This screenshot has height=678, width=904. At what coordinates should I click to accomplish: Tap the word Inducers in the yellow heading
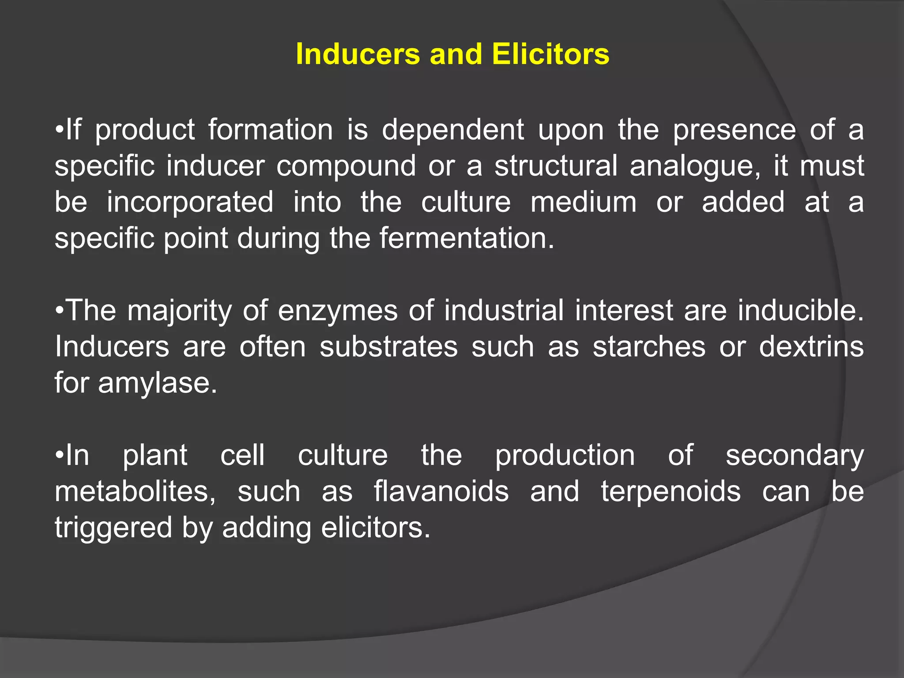358,54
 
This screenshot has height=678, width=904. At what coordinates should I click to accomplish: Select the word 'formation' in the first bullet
271,130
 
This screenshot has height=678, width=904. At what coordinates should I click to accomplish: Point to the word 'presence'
734,130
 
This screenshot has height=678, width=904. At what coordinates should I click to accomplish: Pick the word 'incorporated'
190,202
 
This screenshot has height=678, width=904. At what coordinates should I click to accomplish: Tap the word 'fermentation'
467,238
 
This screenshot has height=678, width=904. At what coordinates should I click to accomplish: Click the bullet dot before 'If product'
60,131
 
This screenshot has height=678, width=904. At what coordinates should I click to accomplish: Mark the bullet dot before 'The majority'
60,311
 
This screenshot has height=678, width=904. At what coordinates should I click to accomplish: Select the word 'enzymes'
338,311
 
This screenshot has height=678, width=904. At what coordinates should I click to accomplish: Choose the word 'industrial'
504,310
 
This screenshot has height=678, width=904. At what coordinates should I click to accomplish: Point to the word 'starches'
649,347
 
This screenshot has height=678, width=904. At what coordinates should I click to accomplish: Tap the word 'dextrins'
811,347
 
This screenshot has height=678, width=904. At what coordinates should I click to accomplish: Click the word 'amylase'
157,383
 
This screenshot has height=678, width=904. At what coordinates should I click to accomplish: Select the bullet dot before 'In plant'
60,456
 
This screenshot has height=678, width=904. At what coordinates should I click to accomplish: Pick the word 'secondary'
795,456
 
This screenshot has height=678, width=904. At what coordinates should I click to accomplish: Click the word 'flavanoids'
441,491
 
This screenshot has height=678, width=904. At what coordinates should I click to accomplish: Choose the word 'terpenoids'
670,491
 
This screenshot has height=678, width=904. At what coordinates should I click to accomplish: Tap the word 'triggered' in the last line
113,528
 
